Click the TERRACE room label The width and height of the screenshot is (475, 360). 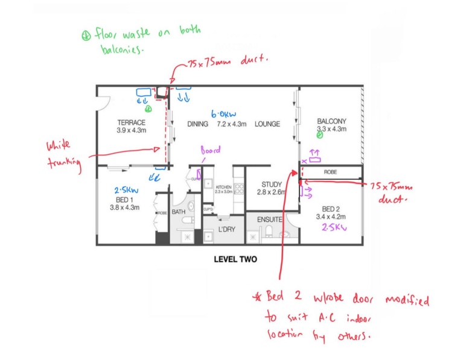(131, 122)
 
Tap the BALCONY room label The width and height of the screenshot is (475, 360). (331, 121)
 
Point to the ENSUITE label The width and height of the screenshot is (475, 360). (269, 220)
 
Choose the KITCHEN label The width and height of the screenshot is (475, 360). (223, 188)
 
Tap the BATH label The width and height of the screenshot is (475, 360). (179, 212)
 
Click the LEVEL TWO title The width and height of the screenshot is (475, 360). (235, 260)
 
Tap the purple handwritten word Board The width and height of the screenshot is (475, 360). (211, 150)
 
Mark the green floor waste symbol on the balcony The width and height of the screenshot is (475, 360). (320, 136)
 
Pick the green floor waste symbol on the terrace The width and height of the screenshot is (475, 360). (147, 109)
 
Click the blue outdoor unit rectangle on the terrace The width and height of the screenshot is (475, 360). (144, 93)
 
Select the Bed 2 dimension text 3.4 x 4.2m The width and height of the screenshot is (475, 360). (330, 216)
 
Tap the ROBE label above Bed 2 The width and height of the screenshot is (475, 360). (330, 172)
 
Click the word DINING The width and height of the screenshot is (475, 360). (197, 124)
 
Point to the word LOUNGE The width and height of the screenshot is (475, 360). (267, 124)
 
